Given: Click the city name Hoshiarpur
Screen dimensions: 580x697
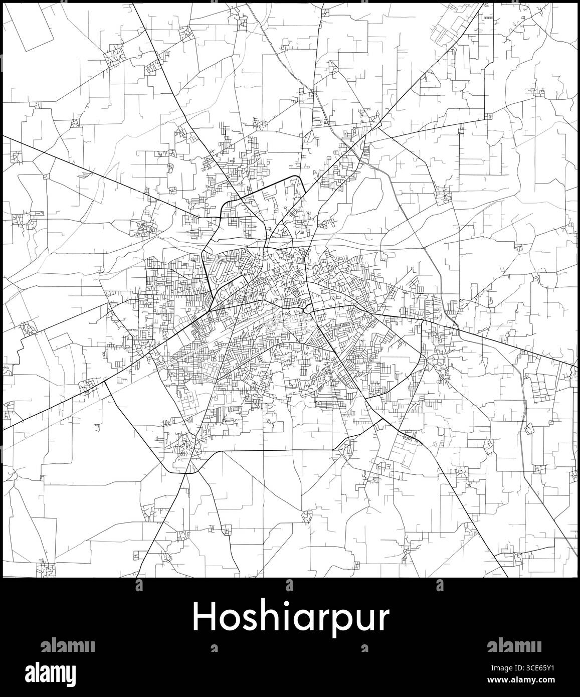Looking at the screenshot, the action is tap(290, 617).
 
